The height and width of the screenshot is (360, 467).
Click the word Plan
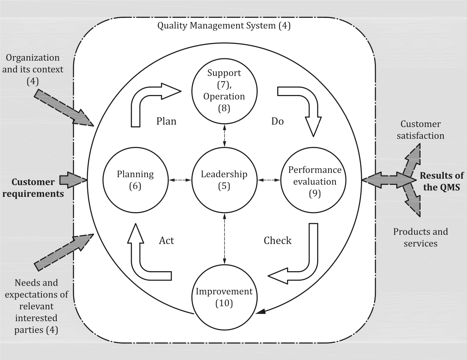point(166,121)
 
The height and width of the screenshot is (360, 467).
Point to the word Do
point(278,121)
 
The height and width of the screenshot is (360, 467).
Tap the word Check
point(278,241)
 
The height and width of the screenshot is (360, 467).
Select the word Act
point(166,241)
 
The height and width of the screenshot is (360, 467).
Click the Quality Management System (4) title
point(224,26)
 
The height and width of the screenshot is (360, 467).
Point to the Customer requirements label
point(33,188)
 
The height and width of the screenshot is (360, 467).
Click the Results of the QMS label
point(441,182)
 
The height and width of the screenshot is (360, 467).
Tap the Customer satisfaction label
point(420,130)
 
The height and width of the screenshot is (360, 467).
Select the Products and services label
point(420,238)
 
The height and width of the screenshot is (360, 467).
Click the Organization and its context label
point(33,69)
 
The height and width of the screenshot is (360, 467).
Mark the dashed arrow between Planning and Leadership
point(180,180)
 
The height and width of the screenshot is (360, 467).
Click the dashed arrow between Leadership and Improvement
point(225,239)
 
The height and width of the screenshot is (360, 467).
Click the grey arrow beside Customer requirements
point(73,180)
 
